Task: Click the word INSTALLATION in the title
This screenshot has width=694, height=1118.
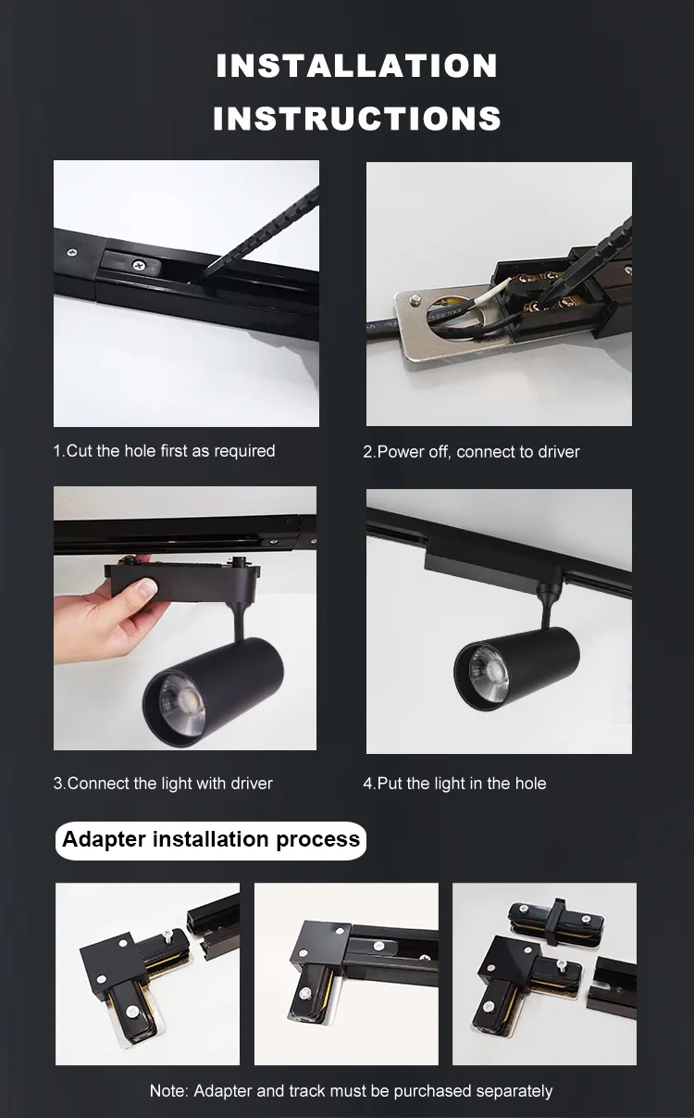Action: point(356,66)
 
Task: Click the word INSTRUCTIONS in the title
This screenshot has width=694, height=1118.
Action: point(356,119)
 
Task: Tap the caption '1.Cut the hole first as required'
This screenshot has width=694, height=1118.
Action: point(164,451)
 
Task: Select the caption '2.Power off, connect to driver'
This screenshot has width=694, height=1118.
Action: point(471,452)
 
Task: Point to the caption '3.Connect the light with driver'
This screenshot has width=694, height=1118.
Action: point(163,784)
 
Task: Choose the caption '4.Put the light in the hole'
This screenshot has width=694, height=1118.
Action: point(454,784)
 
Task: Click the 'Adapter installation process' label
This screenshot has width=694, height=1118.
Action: point(211,839)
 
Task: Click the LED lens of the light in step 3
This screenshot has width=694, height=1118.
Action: point(182,705)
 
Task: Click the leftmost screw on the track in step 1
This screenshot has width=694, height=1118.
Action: point(72,252)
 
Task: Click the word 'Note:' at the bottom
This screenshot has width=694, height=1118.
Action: point(169,1091)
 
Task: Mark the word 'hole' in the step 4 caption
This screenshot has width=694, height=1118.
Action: point(530,784)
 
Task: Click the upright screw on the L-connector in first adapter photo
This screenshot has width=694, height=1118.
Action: point(168,936)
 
